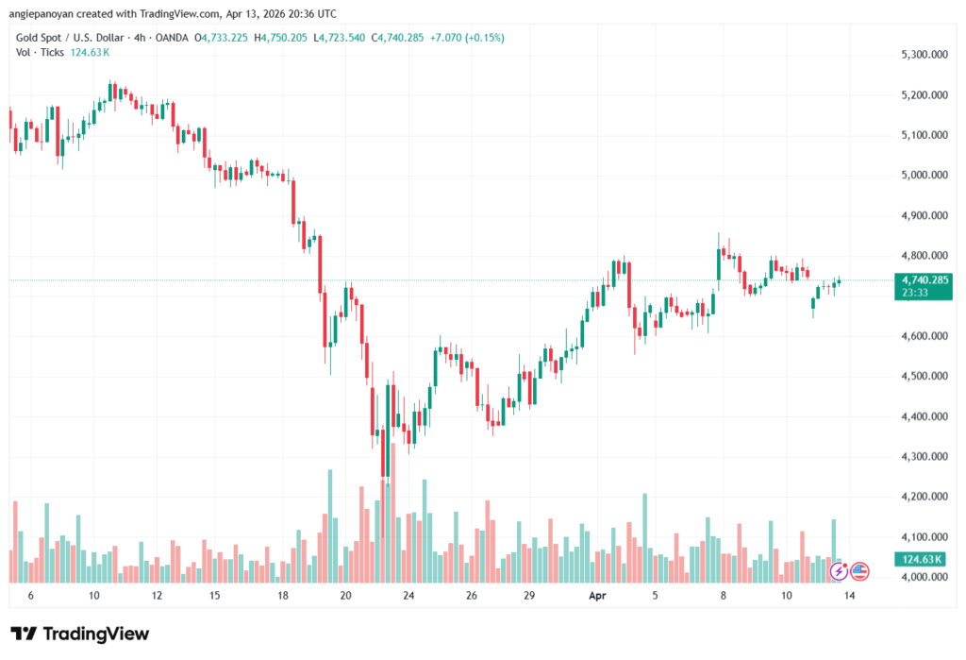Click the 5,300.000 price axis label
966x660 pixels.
point(924,55)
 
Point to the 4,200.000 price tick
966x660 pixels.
point(924,497)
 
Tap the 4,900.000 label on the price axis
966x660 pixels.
point(924,215)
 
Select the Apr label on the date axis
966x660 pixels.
point(596,597)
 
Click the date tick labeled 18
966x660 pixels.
point(283,597)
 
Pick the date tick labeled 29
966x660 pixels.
point(531,597)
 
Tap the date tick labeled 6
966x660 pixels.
point(31,597)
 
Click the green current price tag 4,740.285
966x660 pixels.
point(924,279)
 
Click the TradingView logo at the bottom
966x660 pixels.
point(79,634)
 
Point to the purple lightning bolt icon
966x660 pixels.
point(837,570)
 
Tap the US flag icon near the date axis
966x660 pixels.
point(858,570)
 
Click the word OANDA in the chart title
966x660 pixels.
point(170,38)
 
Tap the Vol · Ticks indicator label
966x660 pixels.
point(40,52)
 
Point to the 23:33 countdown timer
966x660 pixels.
point(915,293)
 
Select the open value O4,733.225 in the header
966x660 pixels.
point(225,38)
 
